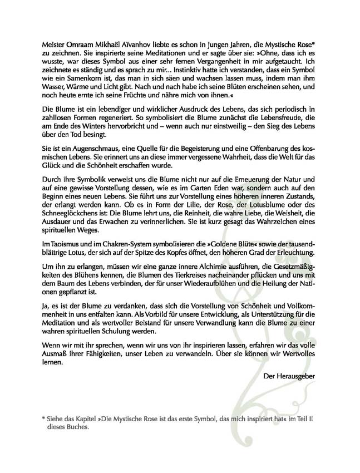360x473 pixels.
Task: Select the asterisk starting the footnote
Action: click(43, 418)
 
